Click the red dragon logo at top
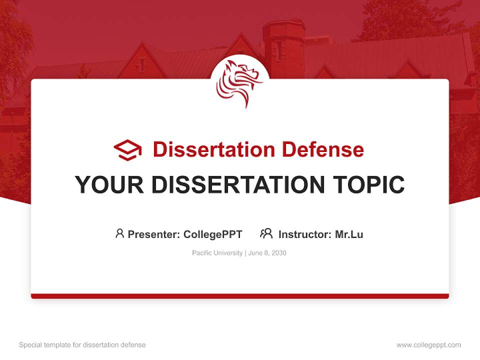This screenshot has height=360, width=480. [x=239, y=82]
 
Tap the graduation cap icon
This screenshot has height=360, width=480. [x=127, y=150]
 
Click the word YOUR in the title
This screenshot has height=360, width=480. [x=109, y=185]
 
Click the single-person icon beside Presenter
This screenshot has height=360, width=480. [x=119, y=233]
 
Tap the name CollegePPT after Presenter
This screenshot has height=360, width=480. [x=212, y=234]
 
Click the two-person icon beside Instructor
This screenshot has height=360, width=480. [x=266, y=233]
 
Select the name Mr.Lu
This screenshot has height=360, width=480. [x=349, y=234]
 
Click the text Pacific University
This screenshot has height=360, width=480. [x=217, y=253]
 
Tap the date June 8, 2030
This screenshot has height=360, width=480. [x=267, y=253]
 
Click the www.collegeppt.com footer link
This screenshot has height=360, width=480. [x=428, y=345]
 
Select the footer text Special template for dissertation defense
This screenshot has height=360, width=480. [x=82, y=345]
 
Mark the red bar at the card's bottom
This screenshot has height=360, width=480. [x=240, y=296]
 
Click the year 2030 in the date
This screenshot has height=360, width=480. [x=278, y=253]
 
